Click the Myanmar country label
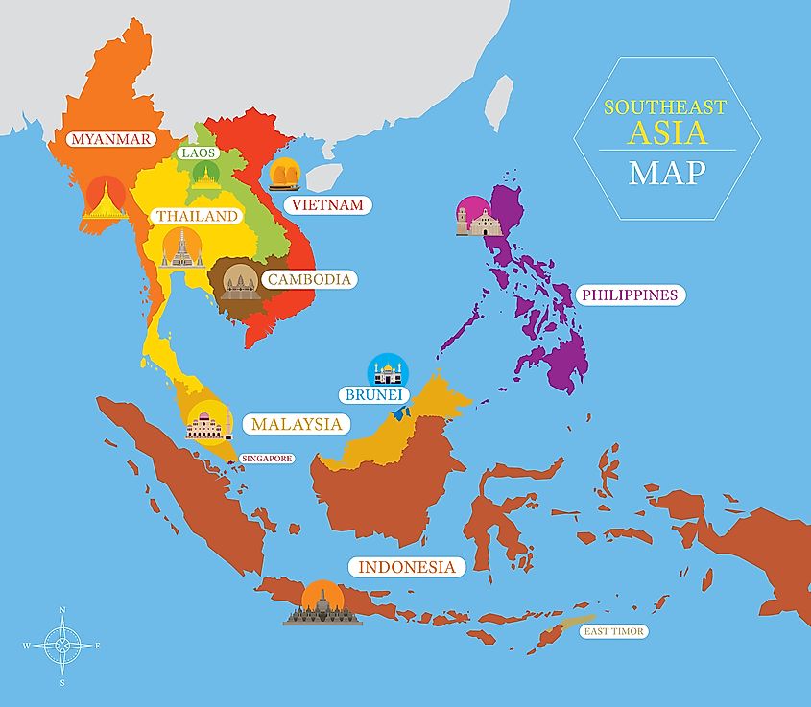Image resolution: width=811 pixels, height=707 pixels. (111, 139)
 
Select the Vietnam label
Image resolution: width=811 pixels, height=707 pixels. (327, 204)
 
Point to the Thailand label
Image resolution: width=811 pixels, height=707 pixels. (197, 216)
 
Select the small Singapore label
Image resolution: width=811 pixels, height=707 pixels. (266, 459)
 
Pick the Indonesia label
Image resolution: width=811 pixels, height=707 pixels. (406, 567)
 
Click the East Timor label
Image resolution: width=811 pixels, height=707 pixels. (614, 631)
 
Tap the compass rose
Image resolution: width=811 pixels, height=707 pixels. (62, 646)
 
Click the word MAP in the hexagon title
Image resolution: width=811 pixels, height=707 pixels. (667, 173)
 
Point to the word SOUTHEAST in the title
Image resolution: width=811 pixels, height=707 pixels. (666, 108)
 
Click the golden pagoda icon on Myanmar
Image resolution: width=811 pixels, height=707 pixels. (105, 200)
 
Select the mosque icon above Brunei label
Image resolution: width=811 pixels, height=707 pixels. (389, 370)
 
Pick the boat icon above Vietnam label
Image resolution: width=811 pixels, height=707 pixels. (287, 175)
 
